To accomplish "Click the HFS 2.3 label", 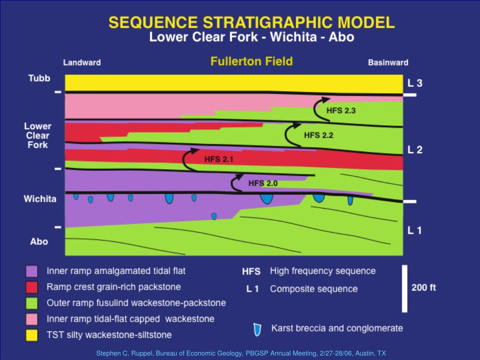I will coord(341,111).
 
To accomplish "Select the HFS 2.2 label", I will coord(318,135).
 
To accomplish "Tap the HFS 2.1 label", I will coord(218,159).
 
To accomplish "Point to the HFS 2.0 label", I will coord(262,183).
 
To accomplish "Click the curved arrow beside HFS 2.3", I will coord(320,107).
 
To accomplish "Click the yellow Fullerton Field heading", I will coord(251,61).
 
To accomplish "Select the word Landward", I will coord(82,62).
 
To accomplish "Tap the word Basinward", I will coord(388,62).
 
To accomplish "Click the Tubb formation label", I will coord(39,78).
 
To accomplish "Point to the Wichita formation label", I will coord(40,199).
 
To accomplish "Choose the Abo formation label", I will coord(39,241).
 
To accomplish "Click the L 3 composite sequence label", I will coord(415,83).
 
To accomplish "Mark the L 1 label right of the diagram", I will coord(415,231).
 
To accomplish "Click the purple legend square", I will coord(31,271).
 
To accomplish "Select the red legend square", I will coord(31,287).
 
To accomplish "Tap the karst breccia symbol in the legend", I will coord(257,330).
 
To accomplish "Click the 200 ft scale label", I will coord(424,288).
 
